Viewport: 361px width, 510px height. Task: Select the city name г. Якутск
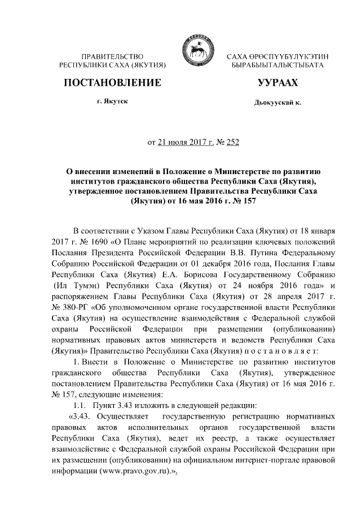(x=112, y=102)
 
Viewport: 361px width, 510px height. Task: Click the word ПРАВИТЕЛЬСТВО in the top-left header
(x=112, y=57)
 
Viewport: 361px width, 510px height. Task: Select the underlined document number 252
(x=232, y=142)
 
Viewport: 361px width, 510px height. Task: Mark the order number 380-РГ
(x=75, y=307)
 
